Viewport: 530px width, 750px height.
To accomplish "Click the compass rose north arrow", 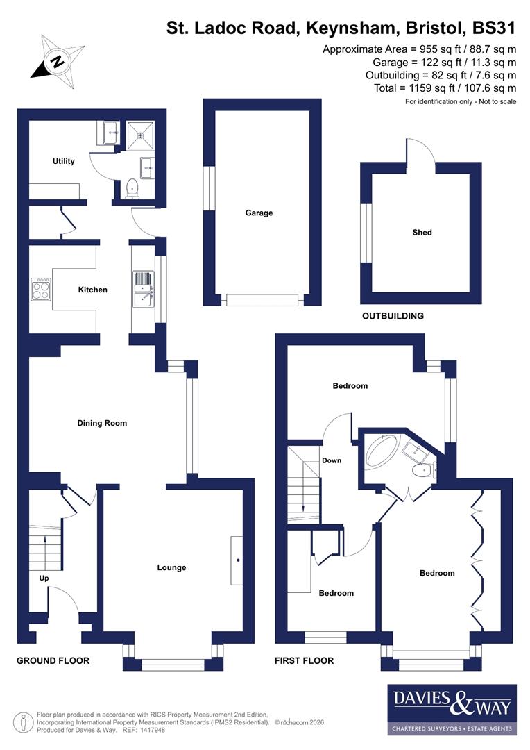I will tap(56, 61).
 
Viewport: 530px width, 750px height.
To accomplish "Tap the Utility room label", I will tap(63, 161).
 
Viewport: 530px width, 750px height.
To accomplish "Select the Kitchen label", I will tap(92, 290).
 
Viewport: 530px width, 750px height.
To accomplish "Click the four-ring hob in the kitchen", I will tap(41, 289).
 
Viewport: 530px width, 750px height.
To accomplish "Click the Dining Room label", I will tap(102, 423).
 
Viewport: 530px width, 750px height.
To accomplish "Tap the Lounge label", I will tap(171, 567).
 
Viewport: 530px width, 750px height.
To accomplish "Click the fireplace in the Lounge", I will tap(237, 560).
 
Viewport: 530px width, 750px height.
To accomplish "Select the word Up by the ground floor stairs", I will tap(43, 578).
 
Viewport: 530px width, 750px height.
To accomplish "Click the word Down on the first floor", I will tap(331, 460).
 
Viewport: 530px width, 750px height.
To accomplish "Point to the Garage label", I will tap(259, 213).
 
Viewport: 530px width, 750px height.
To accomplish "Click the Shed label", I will tap(422, 233).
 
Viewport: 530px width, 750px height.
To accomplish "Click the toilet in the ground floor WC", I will tap(132, 187).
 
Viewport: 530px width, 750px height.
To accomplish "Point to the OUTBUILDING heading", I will tap(393, 316).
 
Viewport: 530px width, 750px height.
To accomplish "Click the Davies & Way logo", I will tap(452, 709).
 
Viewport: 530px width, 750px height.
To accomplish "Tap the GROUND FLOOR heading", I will tap(53, 660).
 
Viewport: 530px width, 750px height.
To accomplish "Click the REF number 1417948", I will tap(153, 730).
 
